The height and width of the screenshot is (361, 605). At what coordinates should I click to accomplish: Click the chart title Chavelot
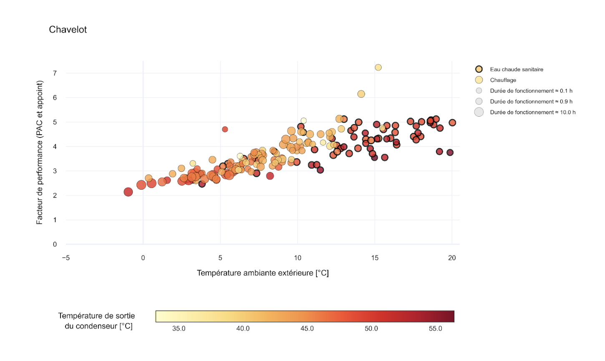click(x=68, y=30)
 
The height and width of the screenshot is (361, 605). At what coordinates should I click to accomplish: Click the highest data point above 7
click(x=378, y=68)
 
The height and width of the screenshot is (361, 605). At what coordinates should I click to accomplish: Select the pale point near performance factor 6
click(x=361, y=94)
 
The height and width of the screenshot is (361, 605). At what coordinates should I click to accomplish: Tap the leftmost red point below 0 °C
click(x=128, y=192)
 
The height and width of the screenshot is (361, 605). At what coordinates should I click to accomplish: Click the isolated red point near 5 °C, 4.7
click(x=225, y=129)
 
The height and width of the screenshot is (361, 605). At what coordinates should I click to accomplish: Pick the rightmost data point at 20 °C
click(x=452, y=123)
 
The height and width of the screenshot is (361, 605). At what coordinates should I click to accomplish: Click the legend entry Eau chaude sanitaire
click(x=516, y=69)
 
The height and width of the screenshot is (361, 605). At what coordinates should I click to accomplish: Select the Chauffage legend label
click(x=503, y=80)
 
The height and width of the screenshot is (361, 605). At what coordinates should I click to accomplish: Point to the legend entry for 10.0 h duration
click(x=532, y=112)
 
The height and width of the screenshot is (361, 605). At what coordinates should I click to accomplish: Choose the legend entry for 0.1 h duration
click(x=531, y=91)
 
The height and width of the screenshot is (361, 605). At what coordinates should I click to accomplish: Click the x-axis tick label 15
click(x=375, y=258)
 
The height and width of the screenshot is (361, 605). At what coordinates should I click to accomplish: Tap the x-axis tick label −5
click(x=66, y=258)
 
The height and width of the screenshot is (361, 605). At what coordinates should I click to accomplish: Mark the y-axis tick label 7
click(x=55, y=73)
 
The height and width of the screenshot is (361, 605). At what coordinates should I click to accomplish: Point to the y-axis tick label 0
click(x=55, y=245)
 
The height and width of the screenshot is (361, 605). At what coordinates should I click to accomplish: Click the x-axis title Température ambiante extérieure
click(x=262, y=273)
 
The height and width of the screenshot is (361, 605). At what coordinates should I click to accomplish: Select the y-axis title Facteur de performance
click(x=40, y=153)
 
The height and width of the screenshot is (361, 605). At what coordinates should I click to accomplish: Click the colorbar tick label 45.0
click(x=307, y=328)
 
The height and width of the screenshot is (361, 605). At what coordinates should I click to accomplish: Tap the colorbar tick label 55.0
click(x=435, y=328)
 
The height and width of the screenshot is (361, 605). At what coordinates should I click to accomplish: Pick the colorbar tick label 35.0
click(x=179, y=328)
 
